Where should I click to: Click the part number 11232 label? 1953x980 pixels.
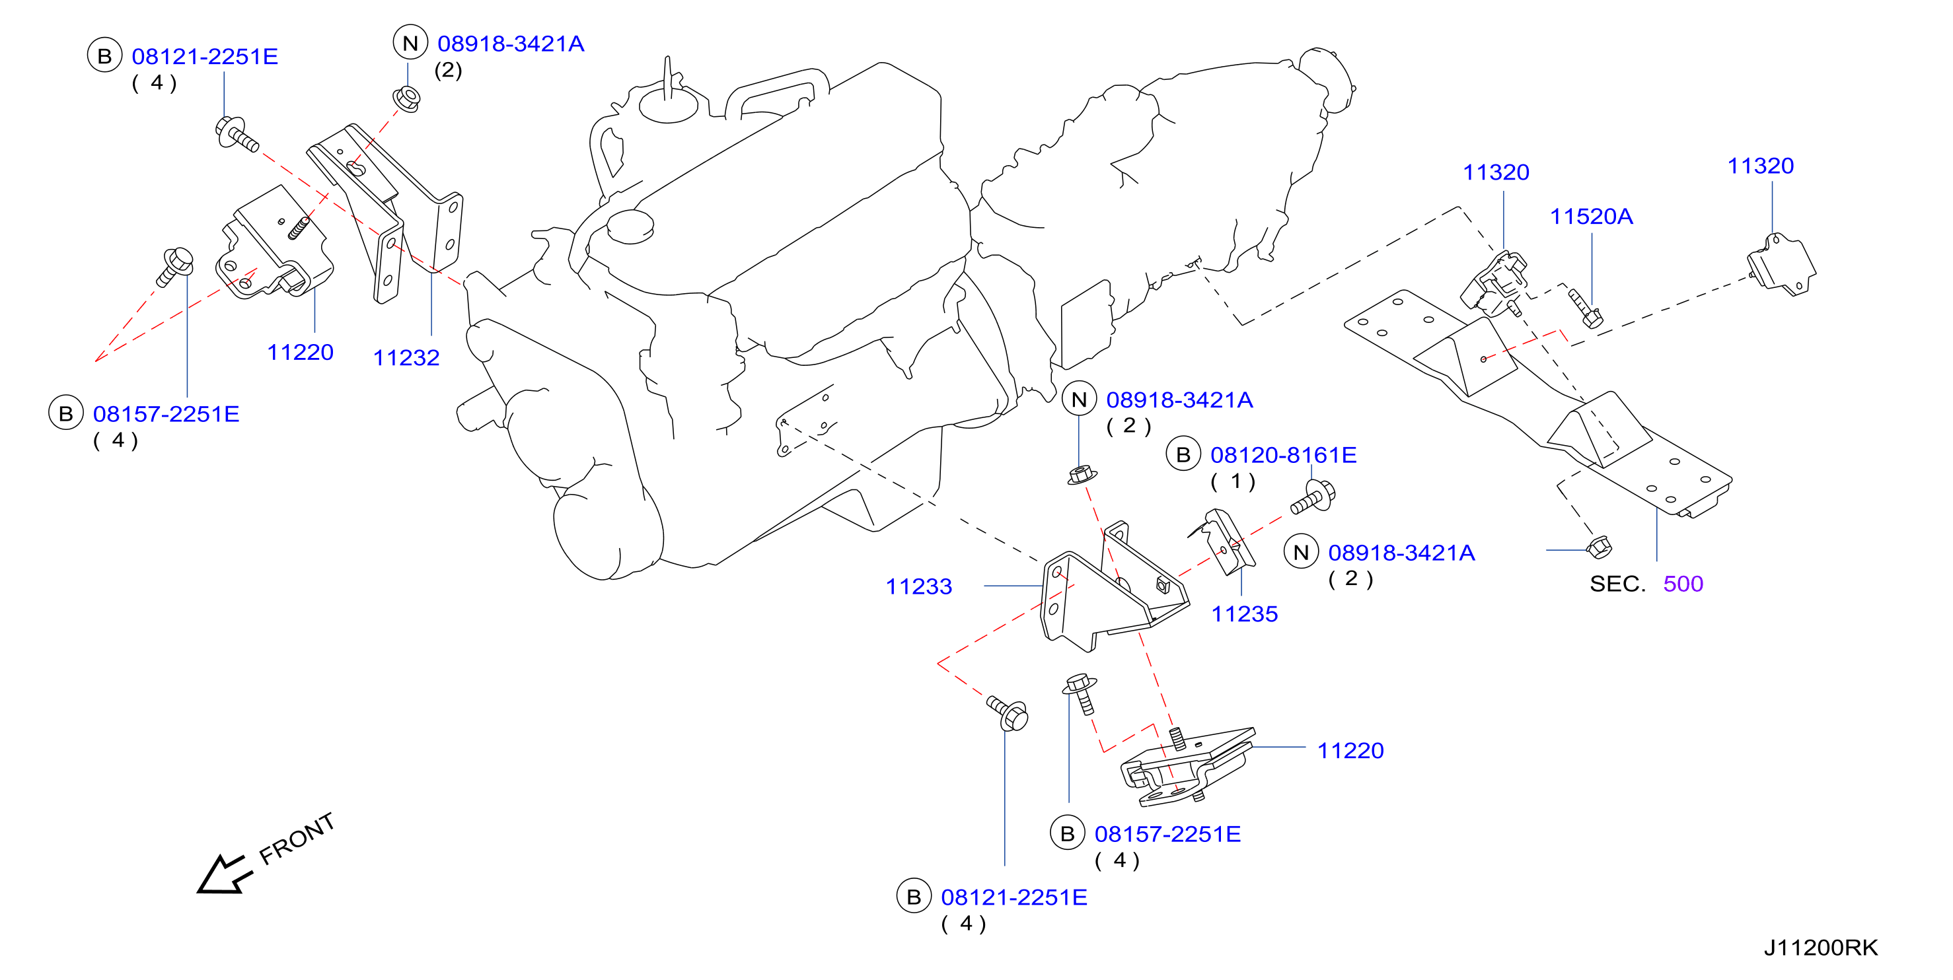tap(406, 358)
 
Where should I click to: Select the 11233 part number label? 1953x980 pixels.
tap(919, 586)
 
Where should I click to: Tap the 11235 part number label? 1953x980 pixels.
tap(1244, 614)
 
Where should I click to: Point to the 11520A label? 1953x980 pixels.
tap(1592, 217)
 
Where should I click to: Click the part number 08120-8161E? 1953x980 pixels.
tap(1284, 455)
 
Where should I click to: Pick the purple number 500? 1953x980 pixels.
tap(1683, 584)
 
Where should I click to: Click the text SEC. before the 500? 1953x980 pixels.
tap(1618, 584)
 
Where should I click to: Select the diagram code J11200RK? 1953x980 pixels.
tap(1821, 948)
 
